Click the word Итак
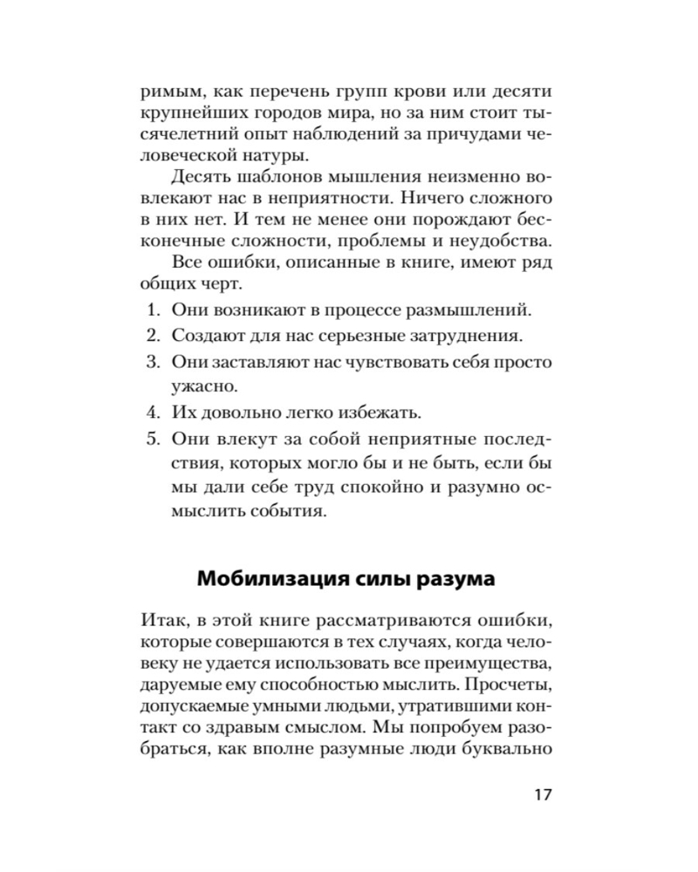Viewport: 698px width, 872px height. [x=162, y=622]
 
